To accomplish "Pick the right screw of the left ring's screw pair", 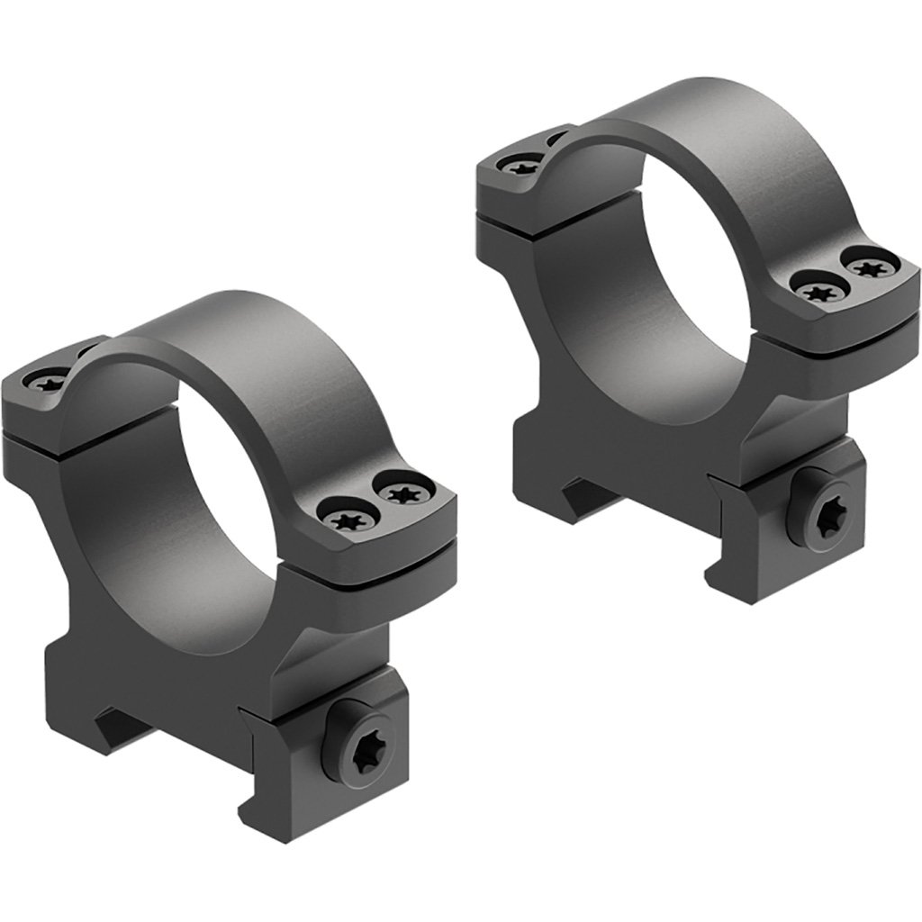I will point(398,491).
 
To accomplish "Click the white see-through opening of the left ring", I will point(241,468).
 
